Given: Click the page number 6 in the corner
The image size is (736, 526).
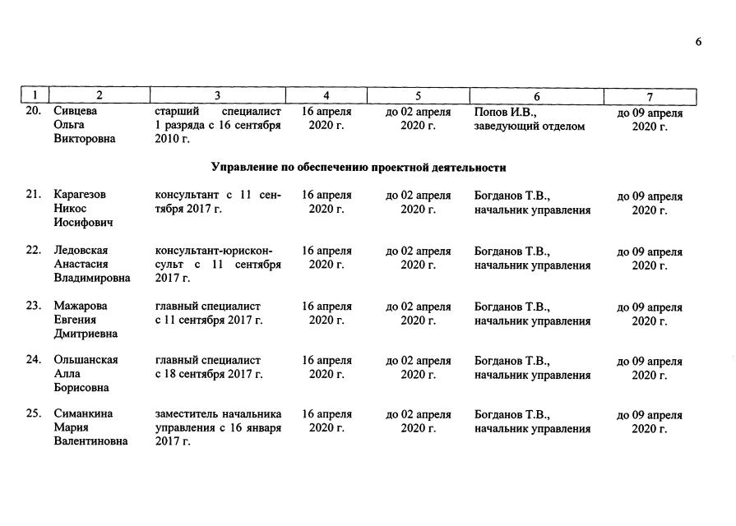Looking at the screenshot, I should point(698,43).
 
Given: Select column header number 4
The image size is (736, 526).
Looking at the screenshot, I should point(326,96).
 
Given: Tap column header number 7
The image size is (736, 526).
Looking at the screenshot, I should point(650,97).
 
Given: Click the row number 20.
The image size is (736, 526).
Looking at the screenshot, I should point(34,111).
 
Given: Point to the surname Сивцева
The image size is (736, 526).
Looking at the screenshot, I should point(76,111).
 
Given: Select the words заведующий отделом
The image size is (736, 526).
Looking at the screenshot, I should point(530,126).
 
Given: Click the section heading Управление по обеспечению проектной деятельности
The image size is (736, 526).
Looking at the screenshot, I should point(358,167).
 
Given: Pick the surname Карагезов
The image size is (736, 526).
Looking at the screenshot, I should point(81,195).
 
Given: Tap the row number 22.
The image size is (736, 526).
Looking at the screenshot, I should point(34,250).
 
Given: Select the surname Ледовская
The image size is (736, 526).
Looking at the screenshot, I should point(81,250).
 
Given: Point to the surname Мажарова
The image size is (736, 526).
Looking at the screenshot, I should point(81,306).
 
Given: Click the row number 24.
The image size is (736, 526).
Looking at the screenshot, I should point(34,360).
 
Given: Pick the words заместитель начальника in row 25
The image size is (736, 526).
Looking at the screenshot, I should point(218,414).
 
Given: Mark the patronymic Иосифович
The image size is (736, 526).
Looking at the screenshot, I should point(84,223).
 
